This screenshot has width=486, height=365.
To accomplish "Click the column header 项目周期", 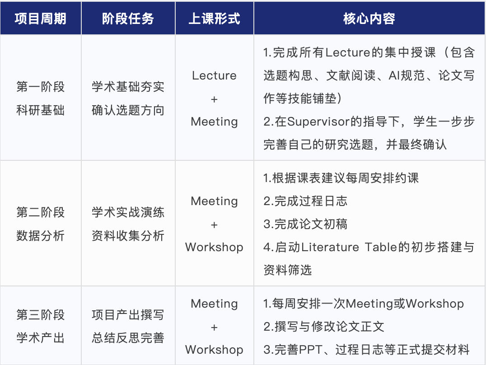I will click(41, 19).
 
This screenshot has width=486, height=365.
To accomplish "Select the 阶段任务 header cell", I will click(128, 19).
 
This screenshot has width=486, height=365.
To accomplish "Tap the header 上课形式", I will click(214, 19).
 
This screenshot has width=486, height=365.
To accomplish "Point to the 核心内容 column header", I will click(369, 19).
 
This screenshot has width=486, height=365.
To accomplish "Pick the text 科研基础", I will click(41, 110).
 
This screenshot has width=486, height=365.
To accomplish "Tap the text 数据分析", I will click(41, 236).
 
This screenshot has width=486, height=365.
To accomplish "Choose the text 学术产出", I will click(41, 338).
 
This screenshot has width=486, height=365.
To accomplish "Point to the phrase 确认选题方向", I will click(128, 110).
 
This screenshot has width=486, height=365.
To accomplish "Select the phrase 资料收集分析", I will click(128, 236).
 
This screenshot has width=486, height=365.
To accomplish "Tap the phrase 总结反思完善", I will click(128, 338).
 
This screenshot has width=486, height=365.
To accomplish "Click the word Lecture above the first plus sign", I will click(214, 75).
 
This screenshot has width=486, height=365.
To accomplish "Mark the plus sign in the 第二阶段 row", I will click(214, 225).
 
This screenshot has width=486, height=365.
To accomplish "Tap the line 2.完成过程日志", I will click(305, 201).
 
